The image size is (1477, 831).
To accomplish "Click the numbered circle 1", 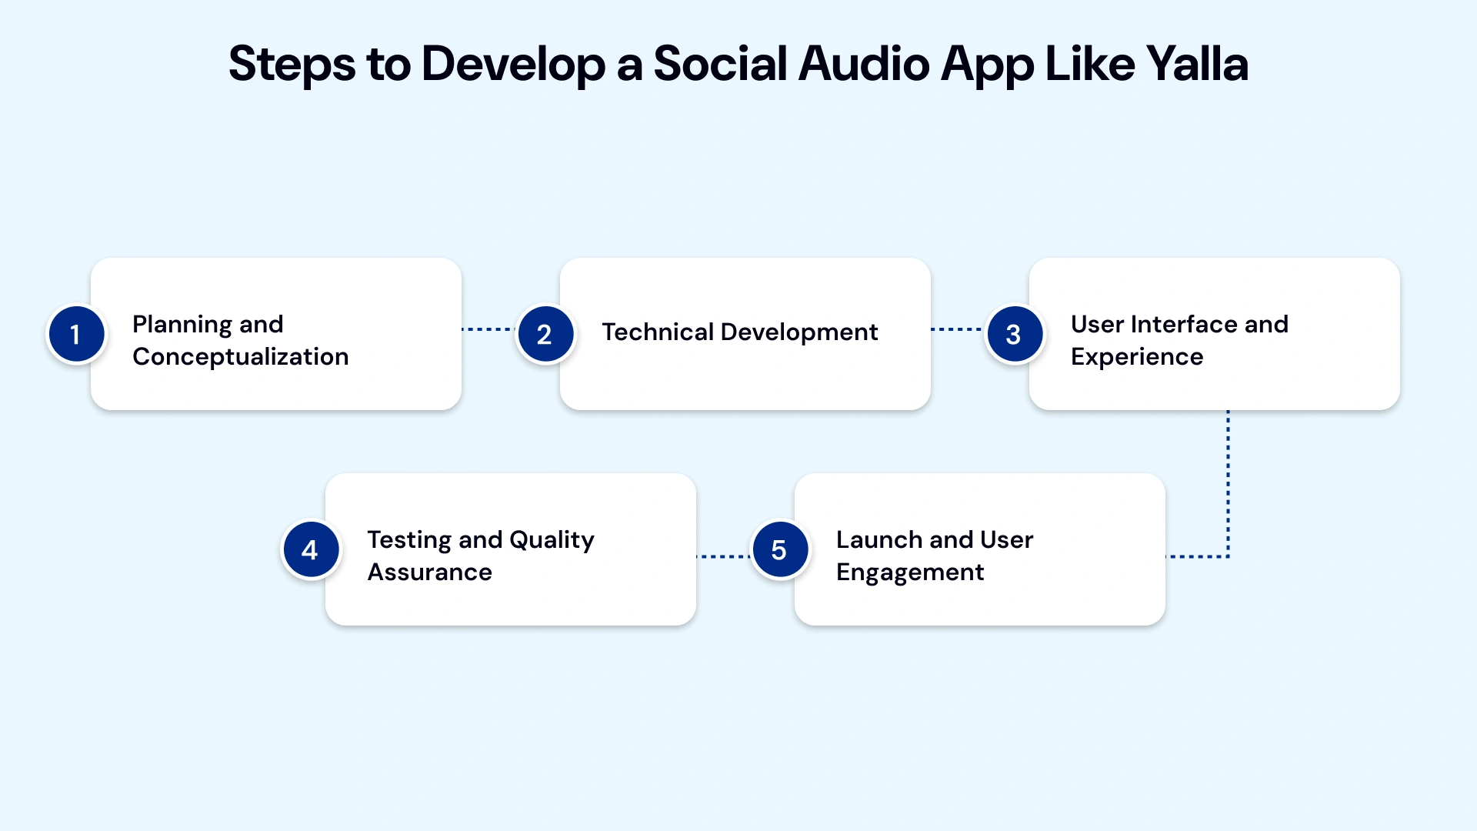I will pyautogui.click(x=75, y=334).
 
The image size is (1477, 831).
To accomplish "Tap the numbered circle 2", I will pyautogui.click(x=545, y=334).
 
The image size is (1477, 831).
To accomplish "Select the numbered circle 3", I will pyautogui.click(x=1014, y=334).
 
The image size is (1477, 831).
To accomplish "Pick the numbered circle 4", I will pyautogui.click(x=310, y=549).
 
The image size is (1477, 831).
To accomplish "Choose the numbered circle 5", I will pyautogui.click(x=779, y=549).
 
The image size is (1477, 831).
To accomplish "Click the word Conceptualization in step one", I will pyautogui.click(x=240, y=357).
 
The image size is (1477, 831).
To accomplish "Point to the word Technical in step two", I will pyautogui.click(x=658, y=332).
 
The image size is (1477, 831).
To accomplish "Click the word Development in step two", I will pyautogui.click(x=799, y=332).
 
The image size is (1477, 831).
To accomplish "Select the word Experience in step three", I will pyautogui.click(x=1136, y=357).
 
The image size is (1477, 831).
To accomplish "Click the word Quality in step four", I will pyautogui.click(x=552, y=540).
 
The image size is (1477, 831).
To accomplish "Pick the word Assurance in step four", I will pyautogui.click(x=429, y=572).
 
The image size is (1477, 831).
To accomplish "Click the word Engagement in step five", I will pyautogui.click(x=909, y=572).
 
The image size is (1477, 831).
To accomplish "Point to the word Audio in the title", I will pyautogui.click(x=864, y=63).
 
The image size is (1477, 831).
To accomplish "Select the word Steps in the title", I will pyautogui.click(x=292, y=65).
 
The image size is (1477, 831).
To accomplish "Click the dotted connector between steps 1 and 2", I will pyautogui.click(x=488, y=329).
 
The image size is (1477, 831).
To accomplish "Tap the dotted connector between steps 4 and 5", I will pyautogui.click(x=723, y=556).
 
